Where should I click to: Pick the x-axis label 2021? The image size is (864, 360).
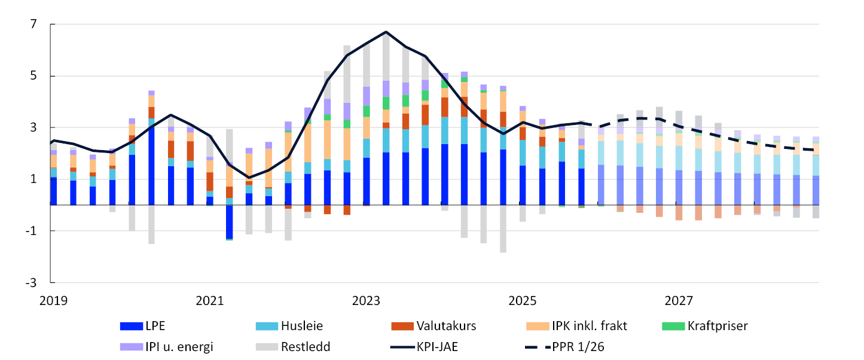tap(209, 299)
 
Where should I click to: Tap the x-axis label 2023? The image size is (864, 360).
tap(365, 299)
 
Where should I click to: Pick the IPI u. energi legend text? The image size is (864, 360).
tap(179, 346)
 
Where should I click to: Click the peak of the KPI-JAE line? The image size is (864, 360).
tap(386, 32)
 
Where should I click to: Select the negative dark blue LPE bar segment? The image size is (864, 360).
tap(229, 222)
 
